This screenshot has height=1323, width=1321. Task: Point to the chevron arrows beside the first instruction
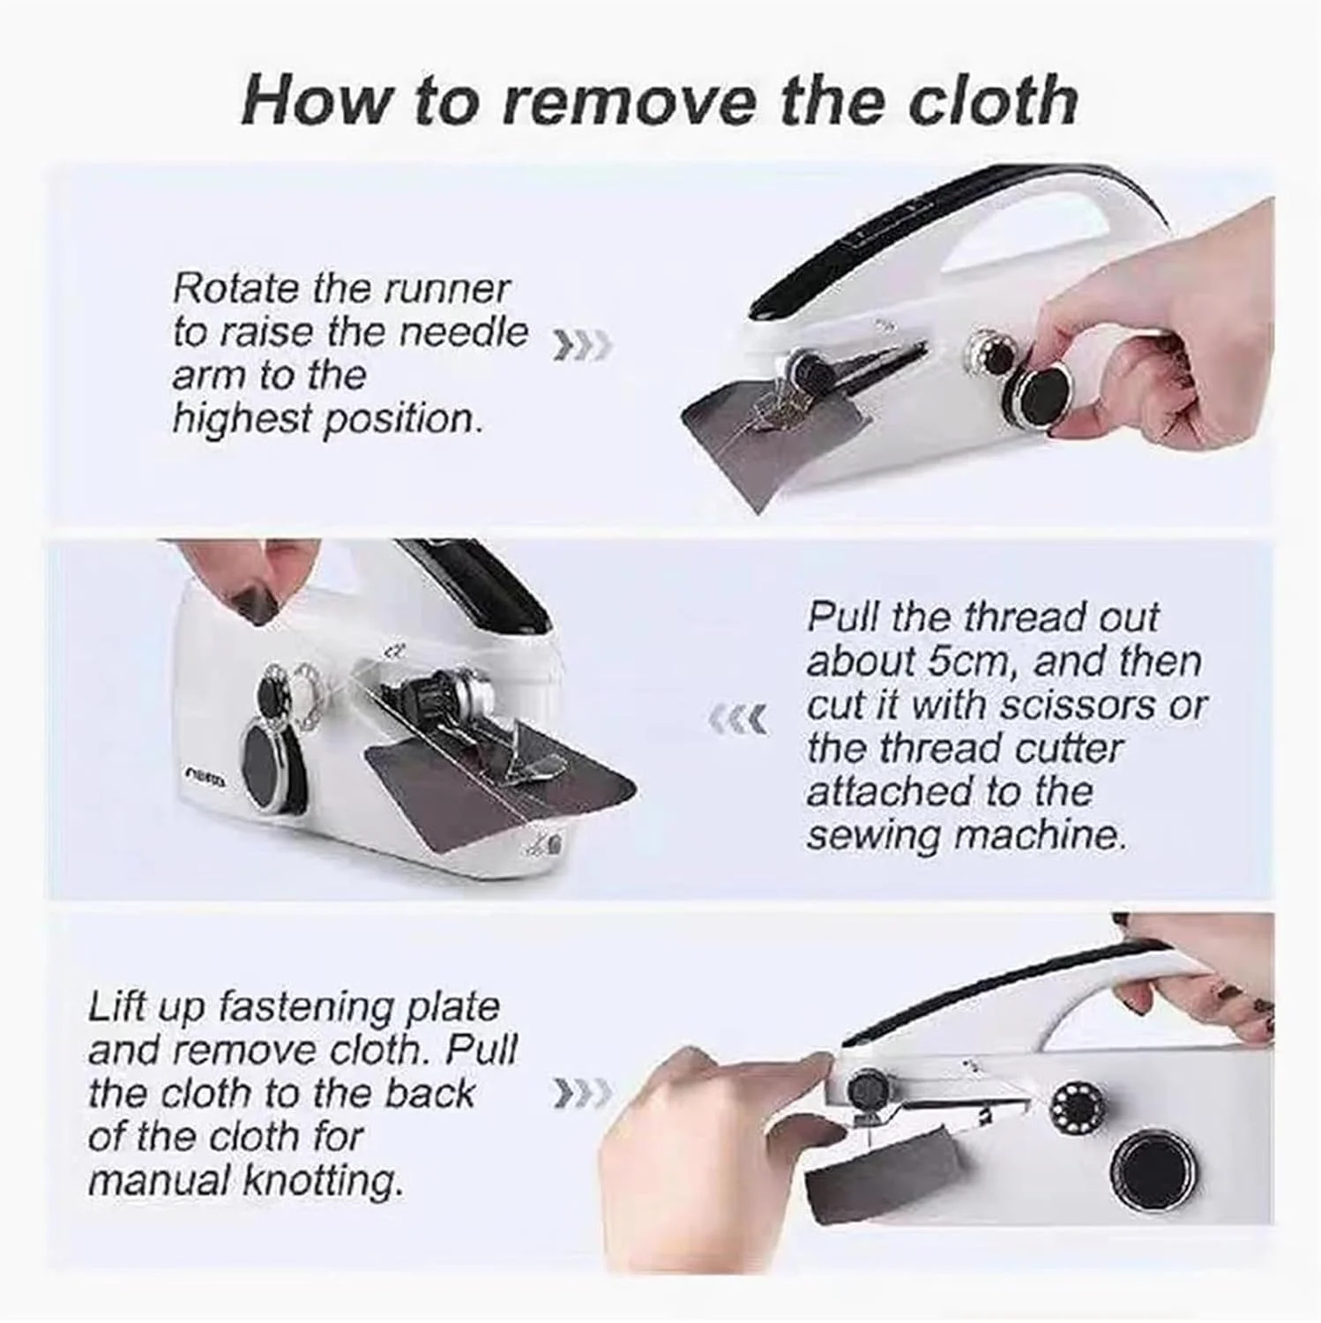[579, 346]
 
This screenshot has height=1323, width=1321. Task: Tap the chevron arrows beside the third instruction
[579, 1094]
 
